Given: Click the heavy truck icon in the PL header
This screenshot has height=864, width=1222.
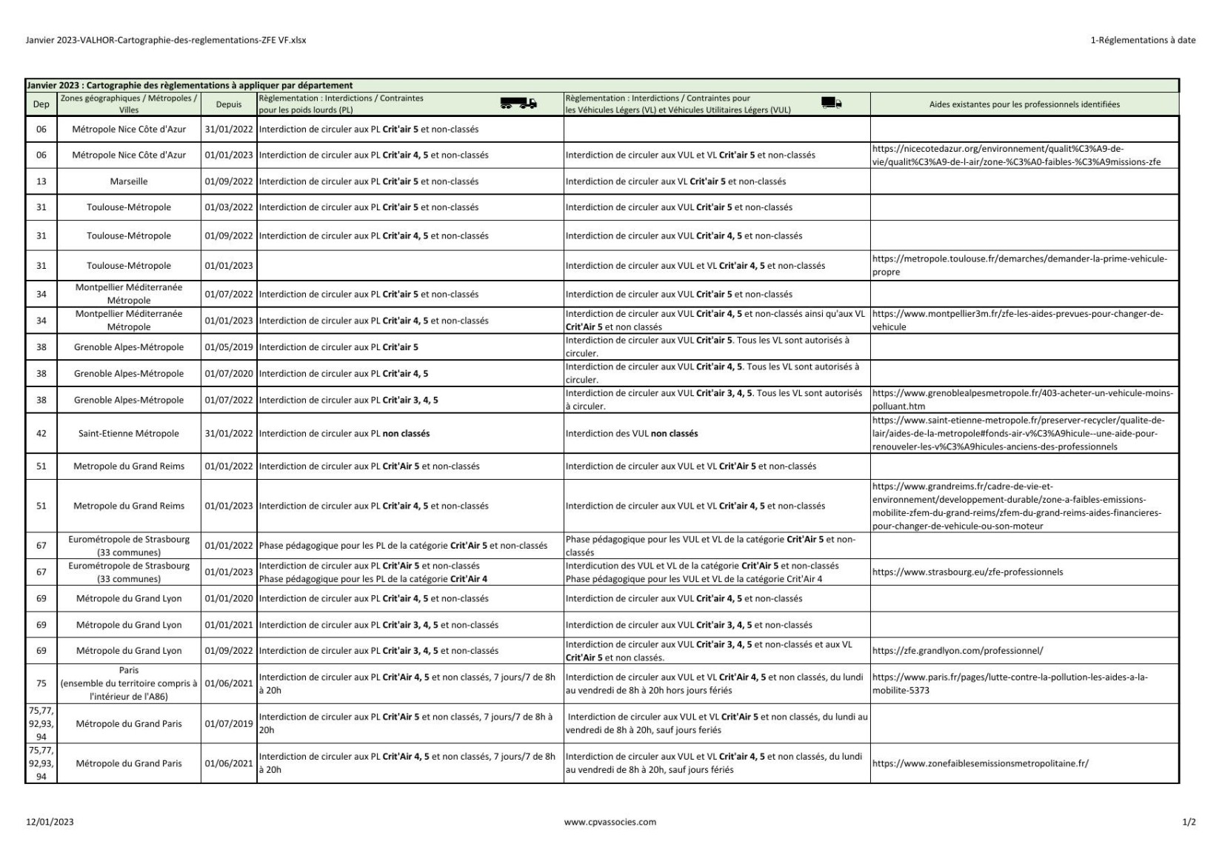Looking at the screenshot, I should pos(518,104).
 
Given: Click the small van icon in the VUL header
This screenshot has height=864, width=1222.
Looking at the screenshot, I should pos(831,104).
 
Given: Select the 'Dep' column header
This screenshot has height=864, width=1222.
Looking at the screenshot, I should pos(41,104).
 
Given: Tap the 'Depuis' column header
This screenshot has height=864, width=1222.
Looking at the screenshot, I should pos(229,104).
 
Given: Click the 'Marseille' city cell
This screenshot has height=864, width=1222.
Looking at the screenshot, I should pos(129,181).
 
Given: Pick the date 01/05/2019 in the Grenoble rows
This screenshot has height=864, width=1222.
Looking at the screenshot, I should pos(229,347).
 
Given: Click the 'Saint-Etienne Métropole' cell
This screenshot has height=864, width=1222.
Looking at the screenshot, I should pos(129,434).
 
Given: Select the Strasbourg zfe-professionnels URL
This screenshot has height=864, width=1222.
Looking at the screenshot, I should pos(967,572).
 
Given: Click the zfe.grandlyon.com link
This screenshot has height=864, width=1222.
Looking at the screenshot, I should pos(958,651).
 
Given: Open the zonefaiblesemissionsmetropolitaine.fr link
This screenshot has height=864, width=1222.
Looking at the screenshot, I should pos(980,763).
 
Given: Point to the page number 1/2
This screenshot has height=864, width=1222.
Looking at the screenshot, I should pos(1189,822).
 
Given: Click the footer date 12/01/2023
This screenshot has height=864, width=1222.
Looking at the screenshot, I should pos(50,822).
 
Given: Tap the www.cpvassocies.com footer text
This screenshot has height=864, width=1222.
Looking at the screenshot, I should pos(610,822).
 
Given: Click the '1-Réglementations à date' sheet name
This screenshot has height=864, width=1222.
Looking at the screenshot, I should pos(1143,40).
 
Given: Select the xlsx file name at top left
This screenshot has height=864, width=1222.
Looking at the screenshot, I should pos(166,40).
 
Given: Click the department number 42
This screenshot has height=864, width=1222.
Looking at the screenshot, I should pos(41,434).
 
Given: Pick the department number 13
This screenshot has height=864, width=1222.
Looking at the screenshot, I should pos(41,181).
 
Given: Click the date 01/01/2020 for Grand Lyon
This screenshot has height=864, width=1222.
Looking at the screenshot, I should pos(229,598).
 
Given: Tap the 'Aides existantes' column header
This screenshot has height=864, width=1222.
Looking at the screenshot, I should pos(1024,104).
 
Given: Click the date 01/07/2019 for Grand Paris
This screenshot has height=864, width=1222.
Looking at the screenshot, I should pos(229,723).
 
